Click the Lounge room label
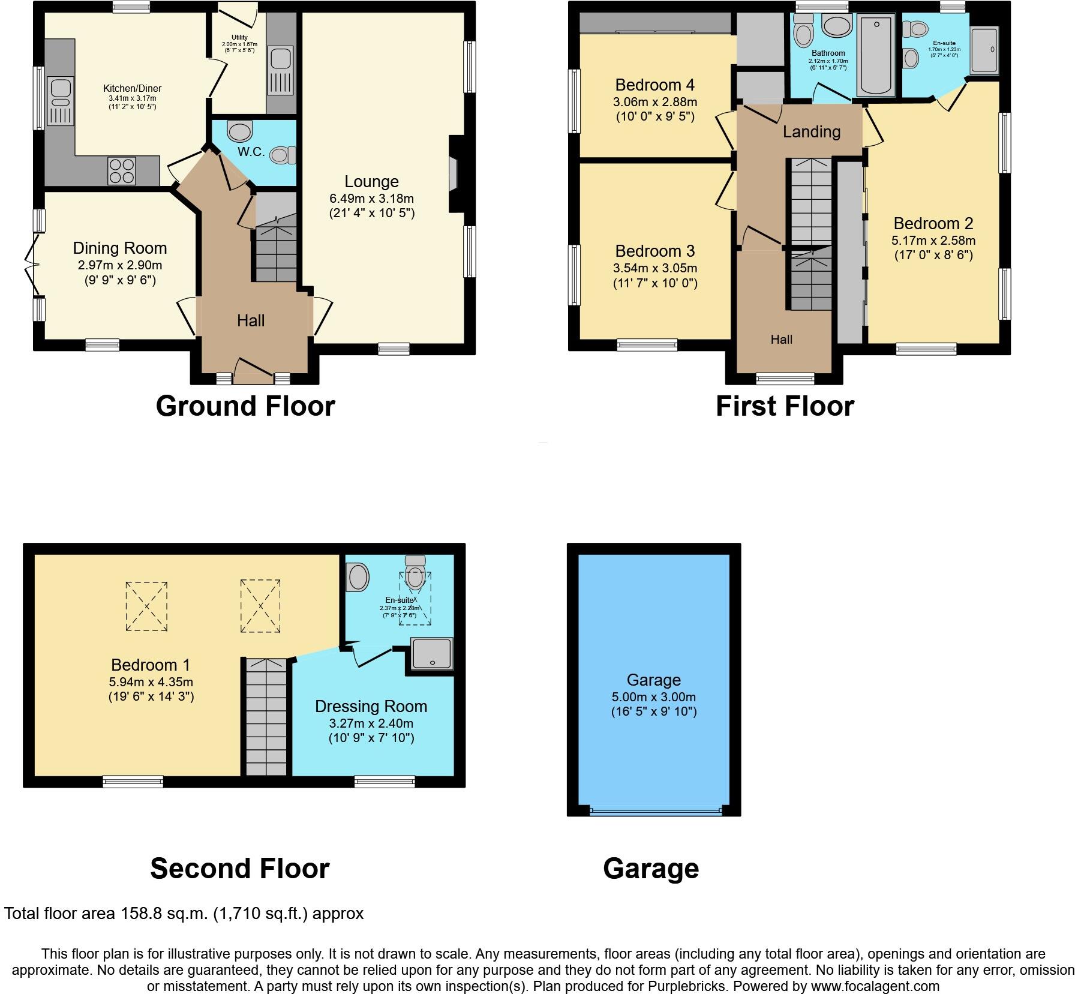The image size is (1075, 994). pyautogui.click(x=371, y=181)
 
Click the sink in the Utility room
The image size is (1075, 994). pyautogui.click(x=280, y=59)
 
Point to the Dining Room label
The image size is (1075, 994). pyautogui.click(x=120, y=248)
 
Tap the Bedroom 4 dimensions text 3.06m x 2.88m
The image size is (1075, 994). pyautogui.click(x=654, y=102)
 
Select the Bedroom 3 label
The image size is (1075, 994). pyautogui.click(x=654, y=251)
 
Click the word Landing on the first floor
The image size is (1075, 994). pyautogui.click(x=811, y=131)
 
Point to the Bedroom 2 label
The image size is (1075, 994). pyautogui.click(x=933, y=224)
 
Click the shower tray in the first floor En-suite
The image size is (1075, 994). pyautogui.click(x=984, y=50)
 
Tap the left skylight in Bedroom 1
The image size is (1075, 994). pyautogui.click(x=146, y=606)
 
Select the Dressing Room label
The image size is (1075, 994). pyautogui.click(x=371, y=706)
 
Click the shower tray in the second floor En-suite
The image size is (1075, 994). pyautogui.click(x=432, y=654)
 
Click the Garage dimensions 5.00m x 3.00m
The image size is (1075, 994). pyautogui.click(x=653, y=697)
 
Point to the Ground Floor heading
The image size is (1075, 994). pyautogui.click(x=245, y=406)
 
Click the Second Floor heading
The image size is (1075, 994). pyautogui.click(x=239, y=868)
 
